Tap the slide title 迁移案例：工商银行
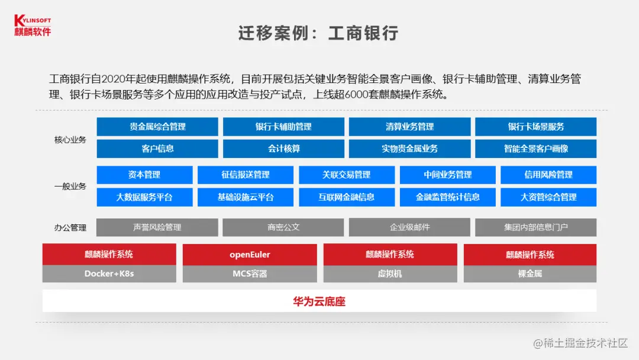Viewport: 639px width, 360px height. pyautogui.click(x=318, y=33)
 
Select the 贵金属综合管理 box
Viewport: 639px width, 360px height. pyautogui.click(x=157, y=127)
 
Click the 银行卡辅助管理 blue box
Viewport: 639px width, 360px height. pyautogui.click(x=283, y=127)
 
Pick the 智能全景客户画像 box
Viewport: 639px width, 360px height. pyautogui.click(x=535, y=149)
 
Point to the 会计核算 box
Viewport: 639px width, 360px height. pyautogui.click(x=283, y=149)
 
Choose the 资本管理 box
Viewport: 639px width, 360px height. pyautogui.click(x=144, y=175)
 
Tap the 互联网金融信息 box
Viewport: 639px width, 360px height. pyautogui.click(x=346, y=197)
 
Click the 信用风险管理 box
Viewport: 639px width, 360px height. pyautogui.click(x=548, y=175)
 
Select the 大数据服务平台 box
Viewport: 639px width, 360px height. pyautogui.click(x=144, y=197)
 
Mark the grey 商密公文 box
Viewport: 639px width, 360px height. pyautogui.click(x=283, y=227)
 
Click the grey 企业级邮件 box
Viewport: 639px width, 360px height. pyautogui.click(x=409, y=227)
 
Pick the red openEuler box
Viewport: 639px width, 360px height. pyautogui.click(x=250, y=255)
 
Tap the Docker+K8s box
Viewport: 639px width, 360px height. pyautogui.click(x=109, y=274)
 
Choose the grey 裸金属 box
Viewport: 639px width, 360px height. pyautogui.click(x=530, y=274)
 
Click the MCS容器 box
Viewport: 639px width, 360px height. pyautogui.click(x=250, y=274)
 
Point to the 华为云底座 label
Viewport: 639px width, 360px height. pyautogui.click(x=319, y=301)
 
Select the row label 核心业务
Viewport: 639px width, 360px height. pyautogui.click(x=70, y=140)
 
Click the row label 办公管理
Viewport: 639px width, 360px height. pyautogui.click(x=70, y=227)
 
